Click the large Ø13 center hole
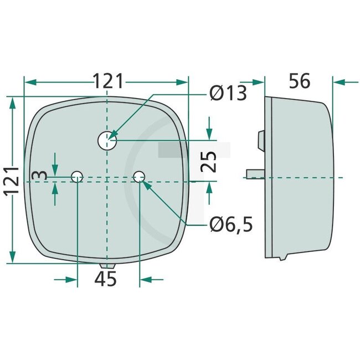click(107, 141)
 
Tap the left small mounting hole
click(77, 177)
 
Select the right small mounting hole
click(138, 177)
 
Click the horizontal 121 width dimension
click(107, 81)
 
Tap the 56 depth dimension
click(300, 81)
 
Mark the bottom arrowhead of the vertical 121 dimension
click(12, 258)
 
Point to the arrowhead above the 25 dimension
click(209, 133)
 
